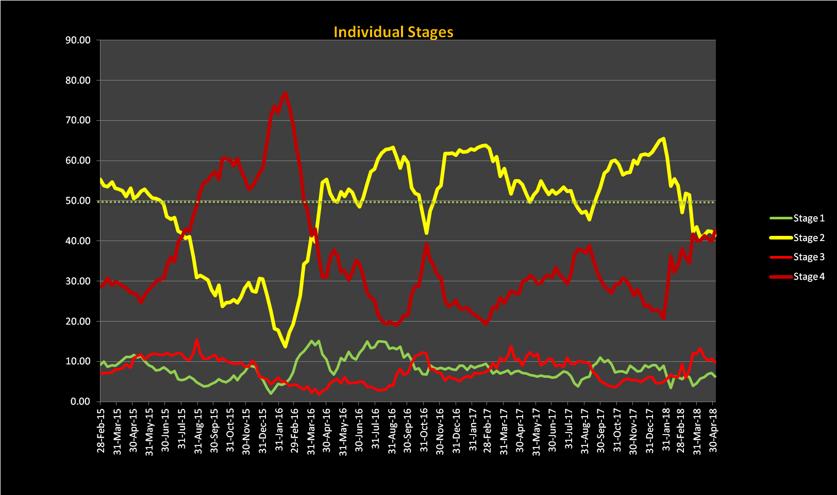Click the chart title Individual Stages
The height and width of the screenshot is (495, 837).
pyautogui.click(x=393, y=32)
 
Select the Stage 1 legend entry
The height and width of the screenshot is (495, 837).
pyautogui.click(x=808, y=218)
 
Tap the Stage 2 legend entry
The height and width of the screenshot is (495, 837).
pyautogui.click(x=808, y=238)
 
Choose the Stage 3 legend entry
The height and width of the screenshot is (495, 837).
pyautogui.click(x=808, y=257)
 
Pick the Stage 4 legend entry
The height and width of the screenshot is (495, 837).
pyautogui.click(x=808, y=277)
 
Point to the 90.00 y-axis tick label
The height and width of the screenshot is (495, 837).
pyautogui.click(x=78, y=40)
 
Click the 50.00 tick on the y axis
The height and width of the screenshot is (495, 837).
pyautogui.click(x=78, y=201)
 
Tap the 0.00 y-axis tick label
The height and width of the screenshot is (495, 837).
pyautogui.click(x=80, y=402)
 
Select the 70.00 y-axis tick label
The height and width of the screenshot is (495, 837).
pyautogui.click(x=78, y=120)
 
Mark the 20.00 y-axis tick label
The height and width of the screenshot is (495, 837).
pyautogui.click(x=78, y=321)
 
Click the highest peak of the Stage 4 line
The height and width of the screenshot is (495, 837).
pyautogui.click(x=285, y=93)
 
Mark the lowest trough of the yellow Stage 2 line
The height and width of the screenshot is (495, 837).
pyautogui.click(x=285, y=346)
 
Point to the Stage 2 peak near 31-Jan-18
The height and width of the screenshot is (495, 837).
pyautogui.click(x=663, y=138)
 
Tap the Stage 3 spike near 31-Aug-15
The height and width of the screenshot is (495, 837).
pyautogui.click(x=196, y=340)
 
